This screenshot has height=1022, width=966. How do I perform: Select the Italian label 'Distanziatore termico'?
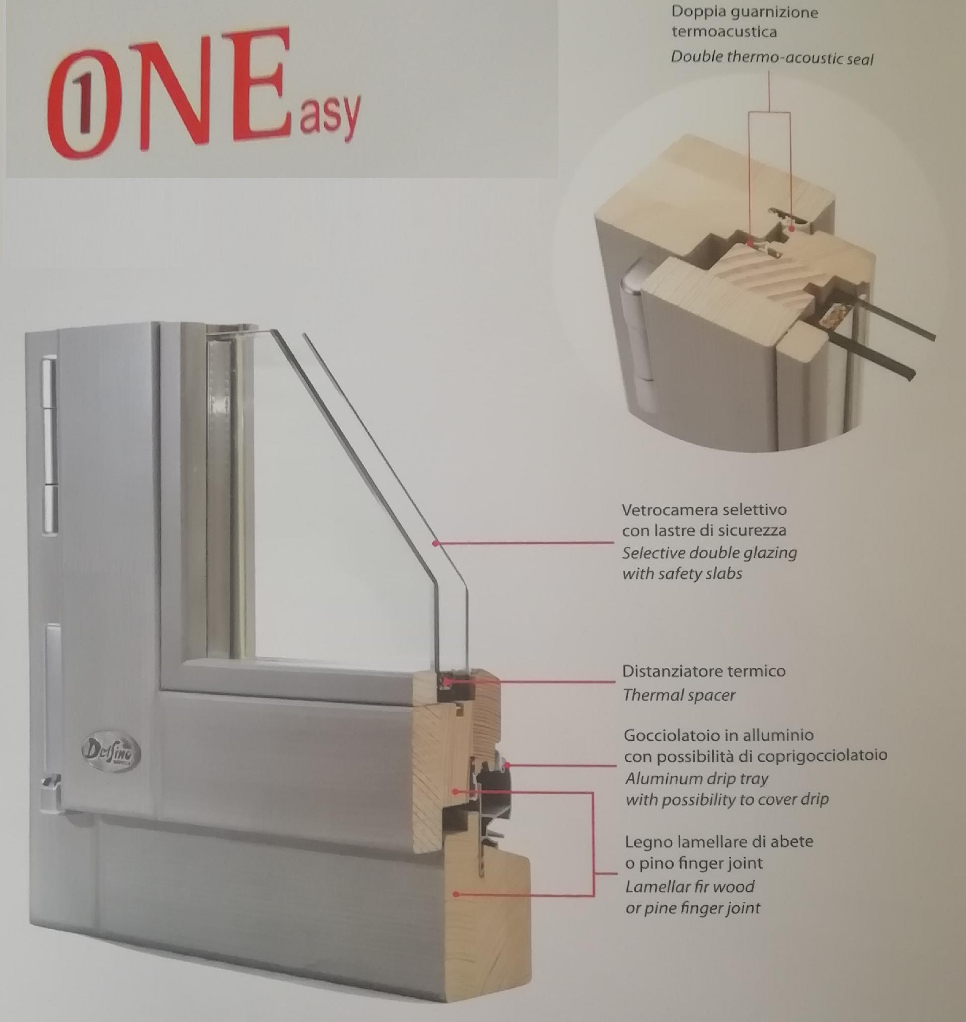[x=703, y=671]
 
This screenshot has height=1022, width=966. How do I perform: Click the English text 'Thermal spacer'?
[x=679, y=695]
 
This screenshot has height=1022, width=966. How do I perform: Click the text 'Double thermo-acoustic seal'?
[x=772, y=58]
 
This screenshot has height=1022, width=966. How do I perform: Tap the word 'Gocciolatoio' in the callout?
[x=675, y=735]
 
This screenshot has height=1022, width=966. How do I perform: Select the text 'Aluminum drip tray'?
[x=697, y=779]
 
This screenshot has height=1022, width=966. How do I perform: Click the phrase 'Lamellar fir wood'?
[x=689, y=887]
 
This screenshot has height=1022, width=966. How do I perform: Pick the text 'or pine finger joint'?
[x=693, y=908]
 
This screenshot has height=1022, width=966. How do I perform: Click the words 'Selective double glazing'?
[x=709, y=553]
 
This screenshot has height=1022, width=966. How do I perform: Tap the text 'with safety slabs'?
[x=682, y=573]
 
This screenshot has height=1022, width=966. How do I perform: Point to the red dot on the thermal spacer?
[x=447, y=682]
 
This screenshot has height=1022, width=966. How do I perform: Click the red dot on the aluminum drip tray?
[x=507, y=765]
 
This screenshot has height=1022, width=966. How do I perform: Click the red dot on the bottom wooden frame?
[x=456, y=895]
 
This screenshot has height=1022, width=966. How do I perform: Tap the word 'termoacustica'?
[x=723, y=32]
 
